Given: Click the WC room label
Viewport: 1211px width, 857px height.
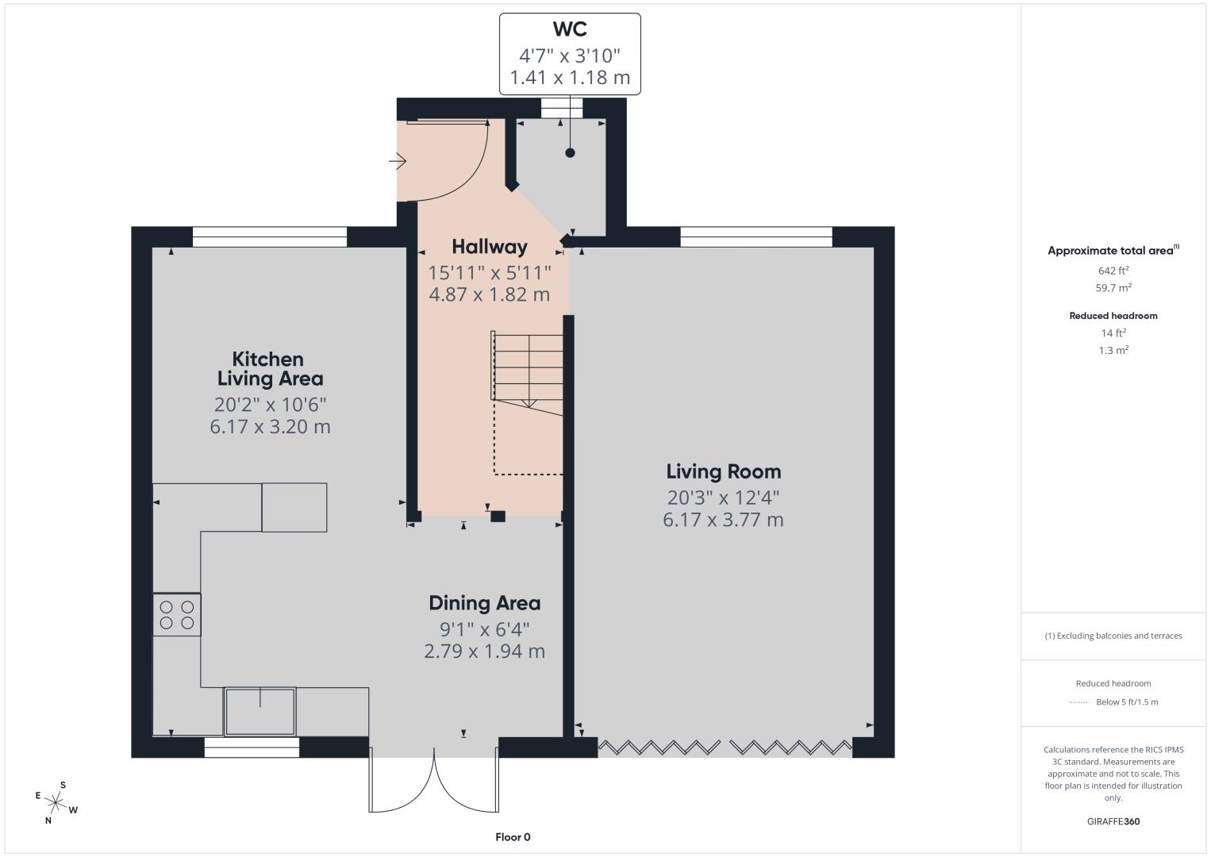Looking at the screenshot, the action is click(x=570, y=29).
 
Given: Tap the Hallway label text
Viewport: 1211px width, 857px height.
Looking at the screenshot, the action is click(x=490, y=247).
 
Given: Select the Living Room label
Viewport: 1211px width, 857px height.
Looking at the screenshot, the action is click(x=724, y=471).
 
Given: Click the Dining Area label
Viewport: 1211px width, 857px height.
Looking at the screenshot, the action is click(x=484, y=603).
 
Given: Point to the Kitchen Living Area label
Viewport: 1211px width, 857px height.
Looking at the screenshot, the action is click(x=270, y=369).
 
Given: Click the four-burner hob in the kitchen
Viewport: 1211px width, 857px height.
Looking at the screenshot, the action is click(x=177, y=615).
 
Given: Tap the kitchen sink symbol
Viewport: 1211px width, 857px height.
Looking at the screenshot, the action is click(x=260, y=712).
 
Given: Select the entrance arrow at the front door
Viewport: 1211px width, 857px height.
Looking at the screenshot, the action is click(x=398, y=160).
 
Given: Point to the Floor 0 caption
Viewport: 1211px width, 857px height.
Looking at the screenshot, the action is click(x=513, y=837).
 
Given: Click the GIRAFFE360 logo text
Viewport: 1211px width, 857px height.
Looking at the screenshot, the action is click(x=1113, y=821).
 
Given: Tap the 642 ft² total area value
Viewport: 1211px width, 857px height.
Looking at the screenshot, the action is click(x=1113, y=271).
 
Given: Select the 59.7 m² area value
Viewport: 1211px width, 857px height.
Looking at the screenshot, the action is click(x=1113, y=287).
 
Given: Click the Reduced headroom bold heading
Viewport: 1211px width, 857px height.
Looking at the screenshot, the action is click(x=1113, y=316).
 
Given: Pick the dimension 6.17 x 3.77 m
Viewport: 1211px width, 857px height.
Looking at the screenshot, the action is click(x=724, y=520).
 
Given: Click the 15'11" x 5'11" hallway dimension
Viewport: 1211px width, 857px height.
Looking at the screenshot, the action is click(x=490, y=272).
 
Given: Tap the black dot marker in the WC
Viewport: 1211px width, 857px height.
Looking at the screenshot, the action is click(x=570, y=153).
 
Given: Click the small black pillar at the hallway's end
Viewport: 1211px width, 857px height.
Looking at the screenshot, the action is click(x=498, y=517).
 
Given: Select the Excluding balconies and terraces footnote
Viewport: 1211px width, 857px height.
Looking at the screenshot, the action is click(x=1113, y=636).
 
